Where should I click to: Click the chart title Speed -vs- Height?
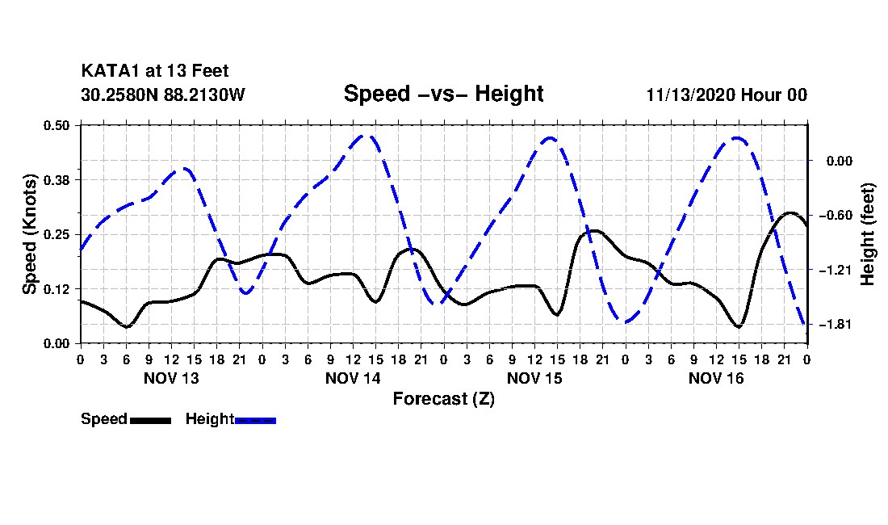point(443,94)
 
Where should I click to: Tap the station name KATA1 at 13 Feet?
point(155,71)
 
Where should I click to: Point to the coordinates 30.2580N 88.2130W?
point(162,94)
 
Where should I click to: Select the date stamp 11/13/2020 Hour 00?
point(727,94)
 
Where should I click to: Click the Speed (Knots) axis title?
point(29,234)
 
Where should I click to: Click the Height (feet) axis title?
point(867,234)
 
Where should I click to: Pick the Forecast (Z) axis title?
point(443,399)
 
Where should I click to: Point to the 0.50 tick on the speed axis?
point(57,125)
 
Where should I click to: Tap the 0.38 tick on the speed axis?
point(57,180)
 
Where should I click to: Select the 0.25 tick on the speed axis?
point(57,234)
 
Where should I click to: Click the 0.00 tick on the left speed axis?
point(57,344)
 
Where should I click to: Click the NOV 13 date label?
point(172,378)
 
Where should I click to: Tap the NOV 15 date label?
point(534,378)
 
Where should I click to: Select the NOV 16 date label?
point(716,378)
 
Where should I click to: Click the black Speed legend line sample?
point(151,420)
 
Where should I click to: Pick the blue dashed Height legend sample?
point(255,420)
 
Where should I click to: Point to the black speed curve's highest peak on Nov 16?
point(790,213)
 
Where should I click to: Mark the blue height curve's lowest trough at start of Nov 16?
point(626,322)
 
